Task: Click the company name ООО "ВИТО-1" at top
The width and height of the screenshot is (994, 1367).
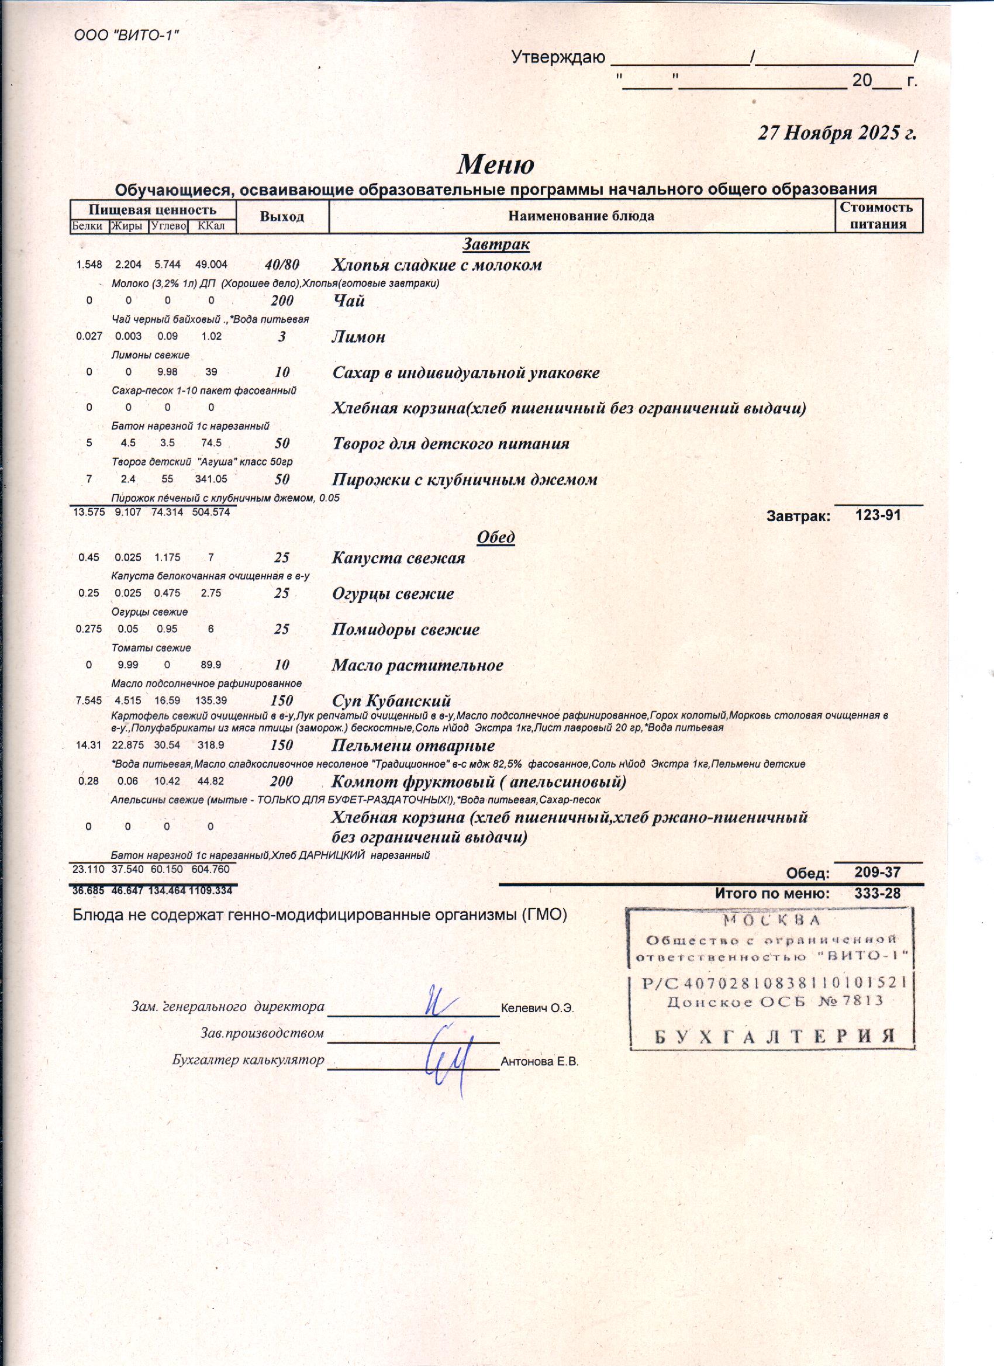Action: (126, 36)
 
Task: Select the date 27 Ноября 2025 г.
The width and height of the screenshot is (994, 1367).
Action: (837, 133)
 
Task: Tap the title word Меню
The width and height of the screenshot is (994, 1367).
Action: (495, 164)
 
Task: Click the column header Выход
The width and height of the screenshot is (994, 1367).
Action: (282, 216)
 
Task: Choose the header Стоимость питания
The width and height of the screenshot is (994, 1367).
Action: (878, 216)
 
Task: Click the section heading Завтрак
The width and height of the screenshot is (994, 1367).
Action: (496, 244)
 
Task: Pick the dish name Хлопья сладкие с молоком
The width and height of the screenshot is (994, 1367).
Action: (437, 265)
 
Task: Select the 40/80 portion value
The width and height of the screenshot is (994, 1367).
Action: (282, 265)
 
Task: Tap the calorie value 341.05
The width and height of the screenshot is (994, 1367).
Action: (211, 479)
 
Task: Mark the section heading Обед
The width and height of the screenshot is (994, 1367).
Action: (495, 536)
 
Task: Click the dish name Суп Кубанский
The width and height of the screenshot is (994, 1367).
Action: (391, 700)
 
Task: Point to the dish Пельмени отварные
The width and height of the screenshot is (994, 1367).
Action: (413, 745)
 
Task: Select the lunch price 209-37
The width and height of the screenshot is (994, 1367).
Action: (877, 872)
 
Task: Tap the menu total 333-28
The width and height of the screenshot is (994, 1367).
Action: (877, 893)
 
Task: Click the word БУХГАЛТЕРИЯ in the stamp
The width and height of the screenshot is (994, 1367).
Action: (775, 1036)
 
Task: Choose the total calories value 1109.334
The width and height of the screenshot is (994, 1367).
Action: (210, 890)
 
